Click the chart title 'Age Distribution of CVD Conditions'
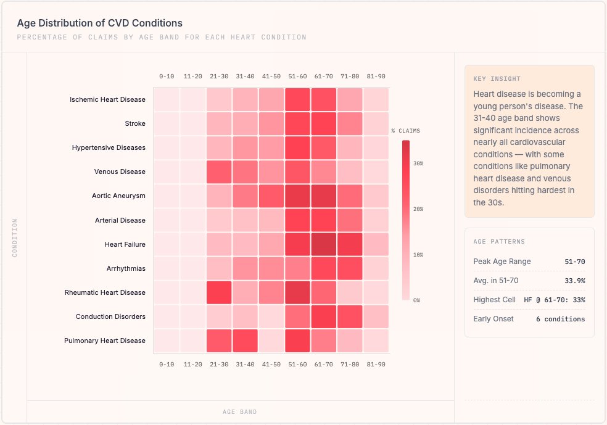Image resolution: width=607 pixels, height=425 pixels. coord(99,23)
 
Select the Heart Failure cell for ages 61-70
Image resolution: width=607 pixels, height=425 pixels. coord(323,244)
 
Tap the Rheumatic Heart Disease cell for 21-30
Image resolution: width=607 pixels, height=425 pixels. coord(218,292)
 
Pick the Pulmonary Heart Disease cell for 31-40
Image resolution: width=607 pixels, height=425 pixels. coord(245,340)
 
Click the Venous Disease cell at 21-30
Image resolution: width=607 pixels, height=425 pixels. coord(218,172)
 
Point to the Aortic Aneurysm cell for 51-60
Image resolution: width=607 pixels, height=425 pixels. coord(297,196)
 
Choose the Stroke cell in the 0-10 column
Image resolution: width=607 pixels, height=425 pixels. coord(166,124)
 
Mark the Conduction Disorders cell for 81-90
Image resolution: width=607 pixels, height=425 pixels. coord(376,316)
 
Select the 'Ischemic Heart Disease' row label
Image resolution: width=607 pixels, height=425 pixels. coord(107,99)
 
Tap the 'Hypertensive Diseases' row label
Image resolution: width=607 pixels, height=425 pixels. coord(109,148)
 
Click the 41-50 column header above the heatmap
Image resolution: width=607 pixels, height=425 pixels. coord(271,76)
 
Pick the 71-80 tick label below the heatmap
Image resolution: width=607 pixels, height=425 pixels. coord(350,365)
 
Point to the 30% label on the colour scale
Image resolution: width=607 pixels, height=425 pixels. coord(418,163)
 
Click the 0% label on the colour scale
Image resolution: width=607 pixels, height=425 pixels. coord(416,300)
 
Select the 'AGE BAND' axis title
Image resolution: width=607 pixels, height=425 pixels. coord(240,411)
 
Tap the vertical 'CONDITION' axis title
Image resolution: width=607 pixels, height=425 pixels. coord(15,237)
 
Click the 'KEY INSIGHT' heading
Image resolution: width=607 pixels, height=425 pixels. coord(497,79)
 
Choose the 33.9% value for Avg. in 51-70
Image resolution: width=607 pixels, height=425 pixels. coord(575,281)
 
